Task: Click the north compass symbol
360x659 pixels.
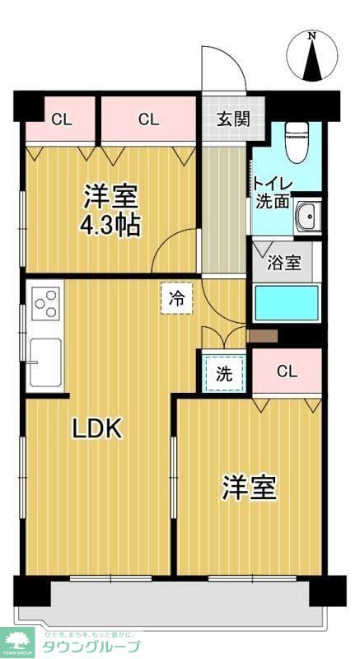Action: (312, 56)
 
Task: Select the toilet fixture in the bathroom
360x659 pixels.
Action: (295, 141)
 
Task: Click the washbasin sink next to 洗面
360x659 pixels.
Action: (310, 216)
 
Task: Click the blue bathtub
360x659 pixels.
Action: (285, 303)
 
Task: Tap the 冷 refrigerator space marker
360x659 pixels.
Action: (176, 299)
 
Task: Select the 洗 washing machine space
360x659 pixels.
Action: (224, 373)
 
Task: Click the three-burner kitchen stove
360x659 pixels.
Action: (46, 301)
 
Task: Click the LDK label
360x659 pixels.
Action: (97, 428)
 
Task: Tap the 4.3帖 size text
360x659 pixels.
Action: (110, 224)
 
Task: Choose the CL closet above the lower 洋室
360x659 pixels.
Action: (286, 372)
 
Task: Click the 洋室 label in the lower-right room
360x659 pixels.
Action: (248, 488)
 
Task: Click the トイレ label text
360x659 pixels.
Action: (269, 183)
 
